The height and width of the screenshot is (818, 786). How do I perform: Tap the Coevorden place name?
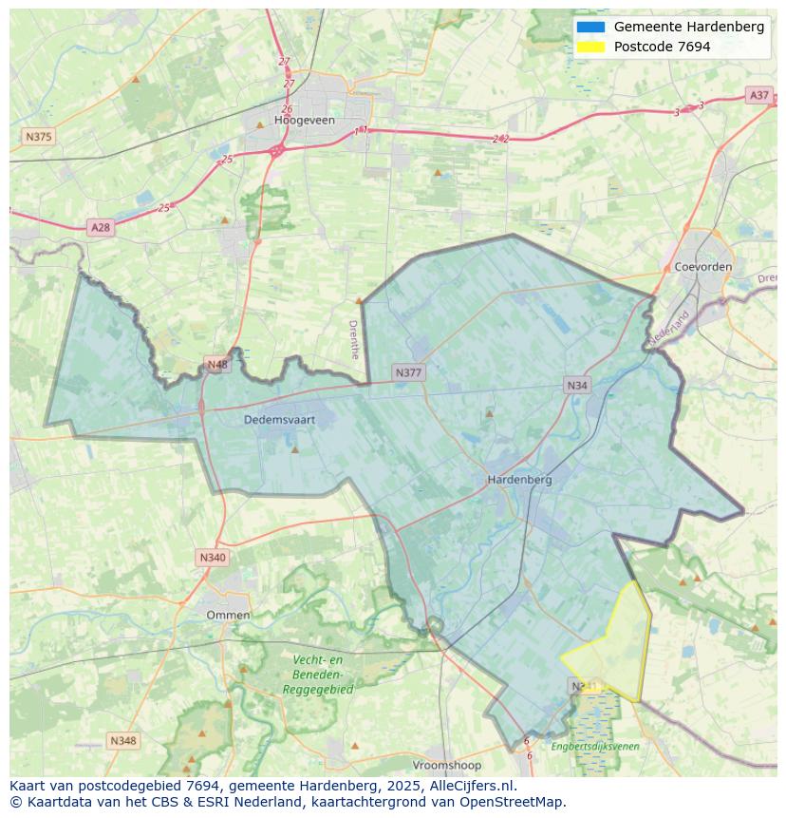click(x=702, y=267)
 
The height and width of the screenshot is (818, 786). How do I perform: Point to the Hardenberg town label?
click(x=519, y=480)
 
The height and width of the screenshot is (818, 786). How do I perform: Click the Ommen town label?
click(x=228, y=615)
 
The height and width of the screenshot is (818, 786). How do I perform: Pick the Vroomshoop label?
click(x=446, y=765)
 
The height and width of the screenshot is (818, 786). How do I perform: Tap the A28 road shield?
click(x=100, y=227)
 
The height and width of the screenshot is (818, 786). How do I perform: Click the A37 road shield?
click(x=758, y=95)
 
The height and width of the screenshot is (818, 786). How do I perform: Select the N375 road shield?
click(x=38, y=137)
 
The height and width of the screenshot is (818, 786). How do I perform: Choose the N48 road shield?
click(x=217, y=365)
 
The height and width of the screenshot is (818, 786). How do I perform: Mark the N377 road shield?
click(x=408, y=372)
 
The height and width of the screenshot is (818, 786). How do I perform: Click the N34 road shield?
click(x=577, y=385)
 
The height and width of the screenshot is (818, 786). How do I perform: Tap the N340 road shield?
click(x=213, y=558)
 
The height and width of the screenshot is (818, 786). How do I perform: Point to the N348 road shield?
click(x=122, y=740)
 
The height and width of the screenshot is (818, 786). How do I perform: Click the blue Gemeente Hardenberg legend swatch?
click(x=589, y=27)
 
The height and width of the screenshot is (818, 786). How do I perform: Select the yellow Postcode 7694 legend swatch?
click(x=589, y=47)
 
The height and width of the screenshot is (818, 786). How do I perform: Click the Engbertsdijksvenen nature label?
click(x=595, y=747)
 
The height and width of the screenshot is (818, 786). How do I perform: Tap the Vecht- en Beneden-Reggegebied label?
click(x=318, y=675)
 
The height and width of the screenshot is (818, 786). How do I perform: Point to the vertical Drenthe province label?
click(x=354, y=339)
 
